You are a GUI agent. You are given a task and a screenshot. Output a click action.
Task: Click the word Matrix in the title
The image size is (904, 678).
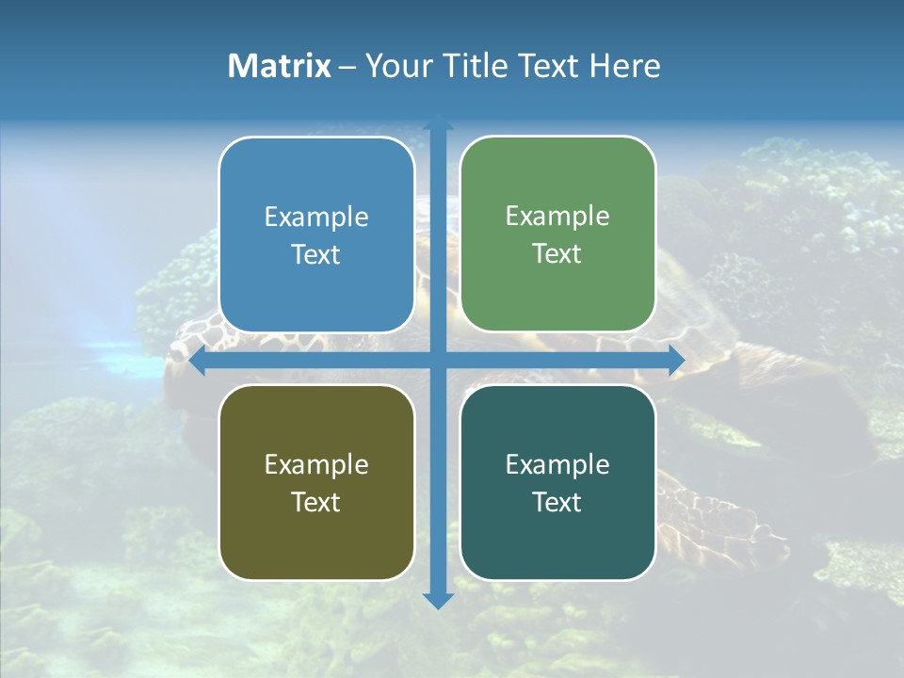point(280,66)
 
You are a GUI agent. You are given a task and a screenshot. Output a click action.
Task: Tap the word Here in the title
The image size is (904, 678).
point(624,66)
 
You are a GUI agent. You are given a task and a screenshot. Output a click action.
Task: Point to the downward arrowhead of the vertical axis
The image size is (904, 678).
point(438,600)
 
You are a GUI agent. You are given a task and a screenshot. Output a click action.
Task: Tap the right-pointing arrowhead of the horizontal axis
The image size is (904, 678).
point(676,361)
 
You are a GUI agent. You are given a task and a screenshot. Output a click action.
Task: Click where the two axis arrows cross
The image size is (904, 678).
point(438,361)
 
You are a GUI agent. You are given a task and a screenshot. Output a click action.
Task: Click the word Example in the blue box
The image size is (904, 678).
point(316,218)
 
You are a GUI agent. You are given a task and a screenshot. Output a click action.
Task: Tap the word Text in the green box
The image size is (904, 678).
point(557,254)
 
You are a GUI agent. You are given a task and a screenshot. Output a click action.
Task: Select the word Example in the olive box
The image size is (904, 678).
point(316,464)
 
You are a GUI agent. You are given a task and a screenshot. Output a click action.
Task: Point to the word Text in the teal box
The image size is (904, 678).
point(557,502)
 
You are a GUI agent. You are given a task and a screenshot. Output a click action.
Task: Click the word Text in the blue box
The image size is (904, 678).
point(316,255)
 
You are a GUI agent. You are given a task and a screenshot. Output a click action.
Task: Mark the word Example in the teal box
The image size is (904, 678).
point(557,464)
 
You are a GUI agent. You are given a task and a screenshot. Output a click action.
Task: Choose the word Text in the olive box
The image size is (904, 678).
point(316,502)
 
